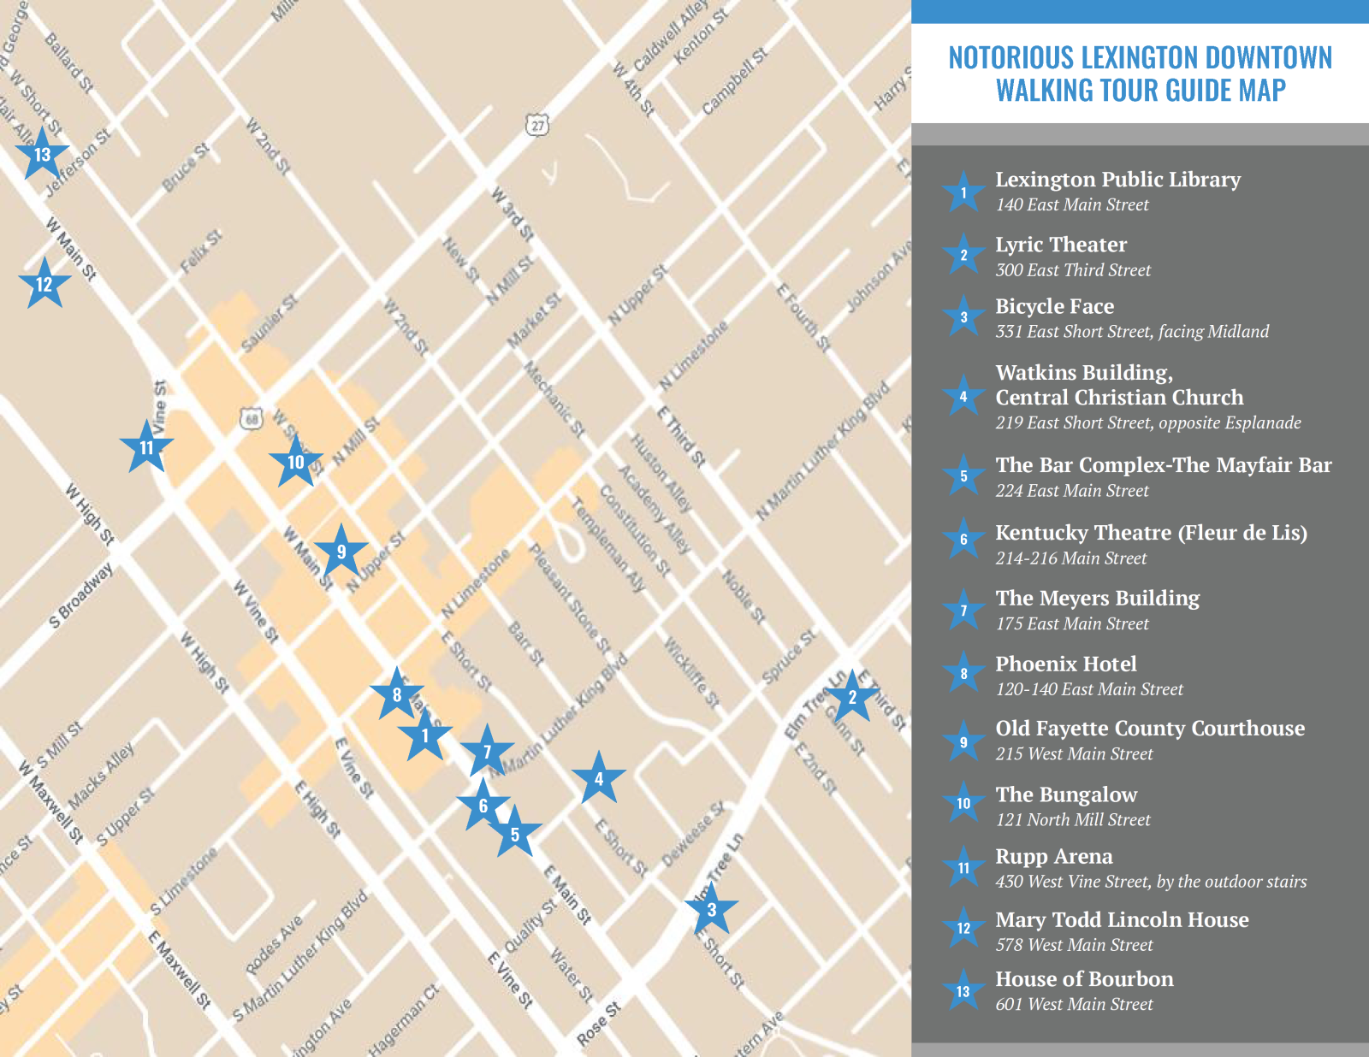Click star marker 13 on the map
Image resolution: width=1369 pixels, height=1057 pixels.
coord(42,155)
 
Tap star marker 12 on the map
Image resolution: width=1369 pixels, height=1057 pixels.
coord(44,285)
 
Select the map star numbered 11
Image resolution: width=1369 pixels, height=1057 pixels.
coord(146,447)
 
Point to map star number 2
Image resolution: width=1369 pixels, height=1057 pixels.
coord(851,697)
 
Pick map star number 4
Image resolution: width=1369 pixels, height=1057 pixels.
coord(598,778)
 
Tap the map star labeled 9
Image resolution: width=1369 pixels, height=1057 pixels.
coord(341,552)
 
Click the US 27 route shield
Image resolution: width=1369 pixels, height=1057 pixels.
coord(537,126)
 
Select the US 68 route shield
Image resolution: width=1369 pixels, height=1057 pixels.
coord(251,419)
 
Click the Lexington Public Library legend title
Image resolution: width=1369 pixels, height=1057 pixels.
coord(1117,180)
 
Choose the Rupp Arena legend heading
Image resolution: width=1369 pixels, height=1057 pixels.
coord(1053,856)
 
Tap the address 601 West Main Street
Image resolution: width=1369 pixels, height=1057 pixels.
coord(1074,1004)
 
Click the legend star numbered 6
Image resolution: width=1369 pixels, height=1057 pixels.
coord(963,540)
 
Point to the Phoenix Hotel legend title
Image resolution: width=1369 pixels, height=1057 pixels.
coord(1065,664)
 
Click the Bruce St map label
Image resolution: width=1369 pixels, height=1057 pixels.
coord(186,167)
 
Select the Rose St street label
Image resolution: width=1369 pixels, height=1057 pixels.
coord(598,1024)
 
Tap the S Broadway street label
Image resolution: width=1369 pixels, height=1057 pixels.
coord(81,595)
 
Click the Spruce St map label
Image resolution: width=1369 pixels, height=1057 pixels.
coord(789,657)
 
